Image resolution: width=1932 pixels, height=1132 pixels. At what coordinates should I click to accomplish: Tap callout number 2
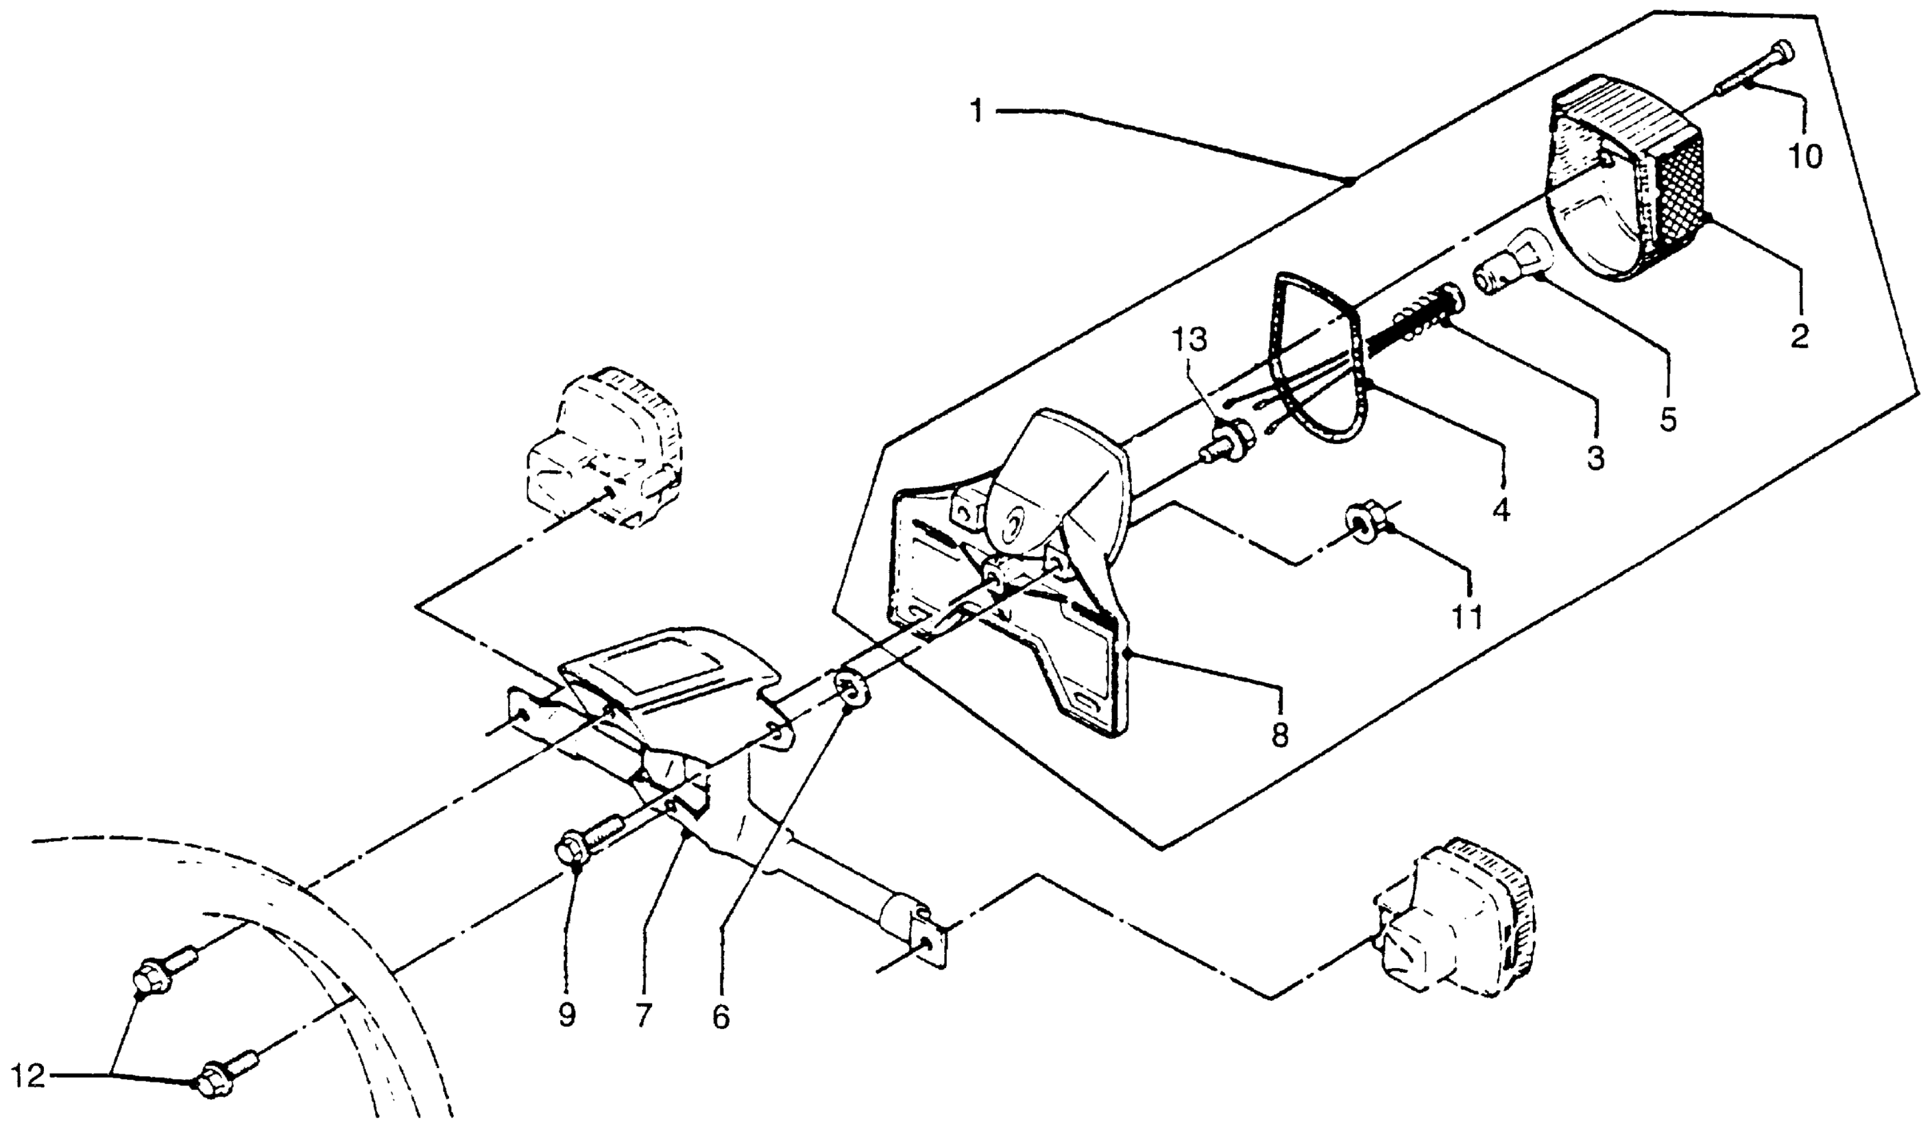tap(1799, 336)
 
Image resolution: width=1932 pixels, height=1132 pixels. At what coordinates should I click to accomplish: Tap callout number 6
tap(721, 1016)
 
